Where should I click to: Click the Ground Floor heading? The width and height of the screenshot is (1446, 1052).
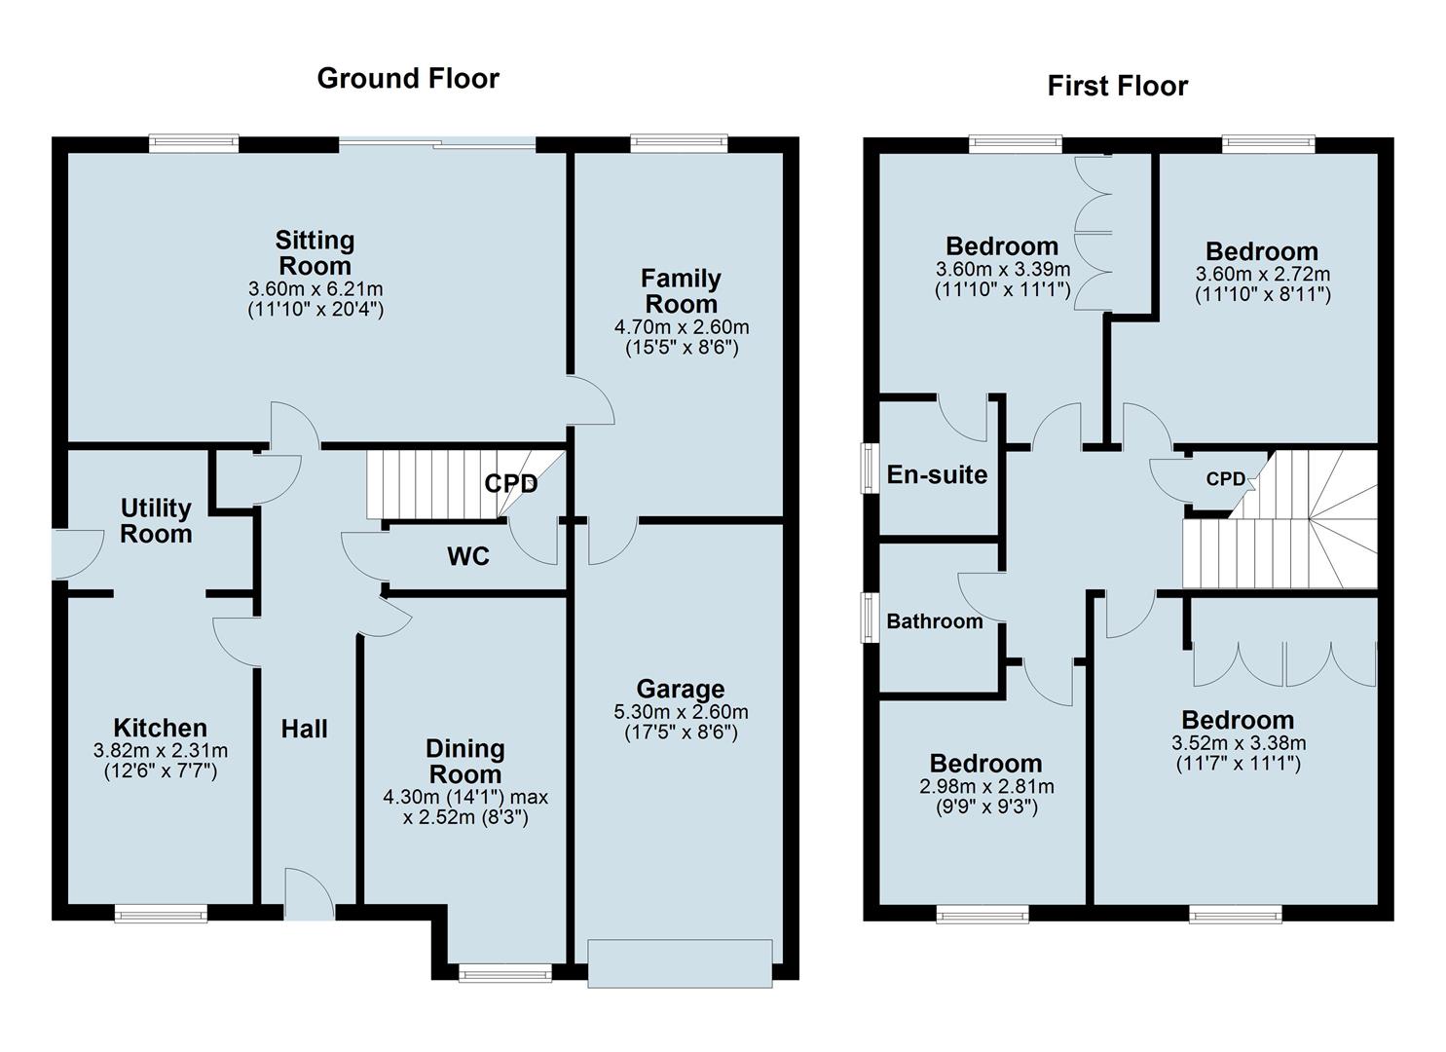408,79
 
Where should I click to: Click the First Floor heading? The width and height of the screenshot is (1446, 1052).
1117,86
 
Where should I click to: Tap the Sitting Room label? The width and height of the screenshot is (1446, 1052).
315,253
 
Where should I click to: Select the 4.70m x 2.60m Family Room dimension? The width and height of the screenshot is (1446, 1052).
681,327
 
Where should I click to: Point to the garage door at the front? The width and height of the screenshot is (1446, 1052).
680,962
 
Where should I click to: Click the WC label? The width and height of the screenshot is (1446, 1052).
468,557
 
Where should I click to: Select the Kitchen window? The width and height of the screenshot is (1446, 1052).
161,913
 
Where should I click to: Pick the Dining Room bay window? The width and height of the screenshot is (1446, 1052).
505,971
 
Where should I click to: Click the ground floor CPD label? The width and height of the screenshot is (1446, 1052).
511,483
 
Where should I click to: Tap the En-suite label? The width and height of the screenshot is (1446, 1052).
937,475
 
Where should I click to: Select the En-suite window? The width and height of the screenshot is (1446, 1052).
868,469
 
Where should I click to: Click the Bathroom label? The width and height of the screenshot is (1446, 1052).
934,621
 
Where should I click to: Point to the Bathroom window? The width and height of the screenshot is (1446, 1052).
868,618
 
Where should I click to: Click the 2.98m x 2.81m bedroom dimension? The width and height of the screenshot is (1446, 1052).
985,787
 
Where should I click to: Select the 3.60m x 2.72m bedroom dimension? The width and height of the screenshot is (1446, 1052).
1262,274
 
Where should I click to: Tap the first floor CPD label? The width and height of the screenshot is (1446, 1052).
1225,479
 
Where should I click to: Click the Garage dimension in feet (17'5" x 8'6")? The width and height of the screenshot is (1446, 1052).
681,733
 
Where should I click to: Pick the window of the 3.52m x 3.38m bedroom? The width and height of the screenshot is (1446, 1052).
1235,913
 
